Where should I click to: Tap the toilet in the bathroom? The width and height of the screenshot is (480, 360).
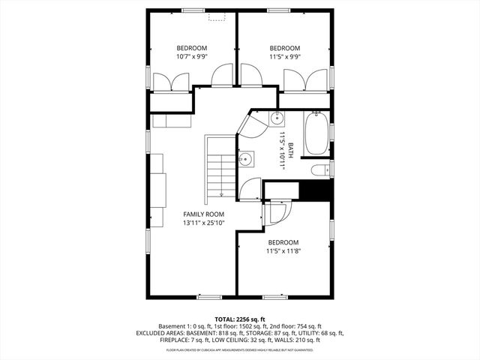pos(319,170)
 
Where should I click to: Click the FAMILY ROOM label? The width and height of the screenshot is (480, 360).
pos(204,214)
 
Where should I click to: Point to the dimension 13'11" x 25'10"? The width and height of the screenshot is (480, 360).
pos(204,223)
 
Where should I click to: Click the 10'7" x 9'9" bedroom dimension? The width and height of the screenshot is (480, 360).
pos(192,55)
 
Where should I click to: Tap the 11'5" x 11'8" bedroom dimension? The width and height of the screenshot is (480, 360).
pos(283,251)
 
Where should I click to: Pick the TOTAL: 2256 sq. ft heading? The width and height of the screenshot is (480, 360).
pos(240,319)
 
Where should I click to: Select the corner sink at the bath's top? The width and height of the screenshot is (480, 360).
pos(276,118)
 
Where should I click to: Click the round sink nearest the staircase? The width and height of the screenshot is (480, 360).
pos(245,159)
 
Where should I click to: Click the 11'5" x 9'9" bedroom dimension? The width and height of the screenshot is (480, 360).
pos(284,55)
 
